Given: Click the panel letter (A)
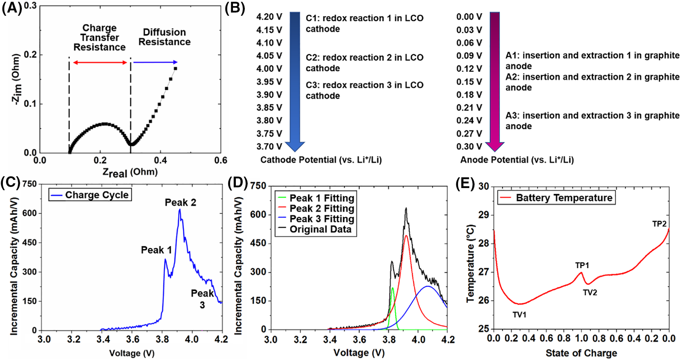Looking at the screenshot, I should (11, 8).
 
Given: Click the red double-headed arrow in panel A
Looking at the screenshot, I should (100, 63).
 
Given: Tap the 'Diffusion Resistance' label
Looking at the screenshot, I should (164, 37).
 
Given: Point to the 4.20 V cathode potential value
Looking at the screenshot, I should (269, 17).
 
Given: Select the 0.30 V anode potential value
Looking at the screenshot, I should (469, 147).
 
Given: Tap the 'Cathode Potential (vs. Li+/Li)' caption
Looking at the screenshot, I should (321, 160).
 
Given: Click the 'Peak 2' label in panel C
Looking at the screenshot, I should (180, 202).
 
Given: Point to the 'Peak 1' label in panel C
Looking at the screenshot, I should (156, 250).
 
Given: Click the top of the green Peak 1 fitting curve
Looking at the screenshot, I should (393, 288).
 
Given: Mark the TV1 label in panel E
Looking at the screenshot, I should (519, 315).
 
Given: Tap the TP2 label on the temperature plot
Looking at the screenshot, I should (659, 224).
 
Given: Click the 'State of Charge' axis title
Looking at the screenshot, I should (581, 353).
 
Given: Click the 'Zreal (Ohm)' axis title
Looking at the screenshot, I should (130, 172).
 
